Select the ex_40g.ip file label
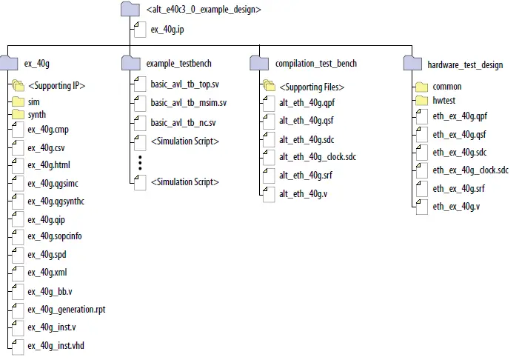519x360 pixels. [x=168, y=30]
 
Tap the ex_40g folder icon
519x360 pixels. [x=9, y=64]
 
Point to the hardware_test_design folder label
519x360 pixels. [x=465, y=65]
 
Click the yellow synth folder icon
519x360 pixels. [x=18, y=115]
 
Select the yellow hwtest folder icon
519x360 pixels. [x=422, y=101]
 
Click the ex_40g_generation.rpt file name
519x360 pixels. [x=67, y=309]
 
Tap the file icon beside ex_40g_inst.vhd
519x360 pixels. [x=18, y=344]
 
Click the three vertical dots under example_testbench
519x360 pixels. [x=139, y=163]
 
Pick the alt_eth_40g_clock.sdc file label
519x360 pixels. [x=318, y=156]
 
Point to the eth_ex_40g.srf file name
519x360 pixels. [x=460, y=189]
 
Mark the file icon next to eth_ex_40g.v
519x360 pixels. [x=422, y=206]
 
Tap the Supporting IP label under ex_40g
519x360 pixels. [x=57, y=86]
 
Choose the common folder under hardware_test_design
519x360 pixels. [x=446, y=87]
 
